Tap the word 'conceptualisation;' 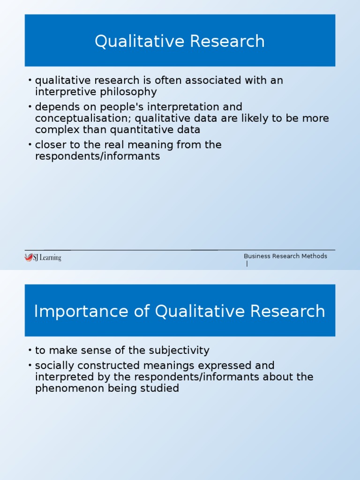coord(83,118)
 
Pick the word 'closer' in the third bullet coord(49,145)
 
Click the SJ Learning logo coord(43,257)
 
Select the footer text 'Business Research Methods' coord(285,256)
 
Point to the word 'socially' coord(53,365)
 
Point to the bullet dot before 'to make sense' coord(30,351)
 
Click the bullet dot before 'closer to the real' coord(30,145)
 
